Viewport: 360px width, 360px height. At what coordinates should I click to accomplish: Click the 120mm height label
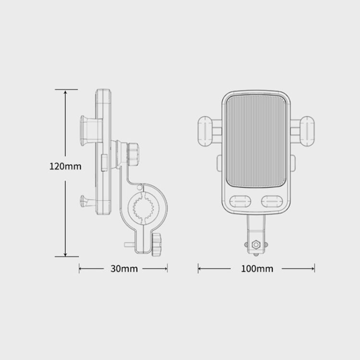pos(66,167)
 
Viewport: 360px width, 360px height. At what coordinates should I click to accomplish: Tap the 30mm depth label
pos(123,269)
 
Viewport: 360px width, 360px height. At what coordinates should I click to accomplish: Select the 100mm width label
pos(256,269)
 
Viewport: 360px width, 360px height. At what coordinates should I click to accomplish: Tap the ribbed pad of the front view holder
pos(257,142)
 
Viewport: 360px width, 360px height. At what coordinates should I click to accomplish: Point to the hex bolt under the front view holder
pos(256,244)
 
